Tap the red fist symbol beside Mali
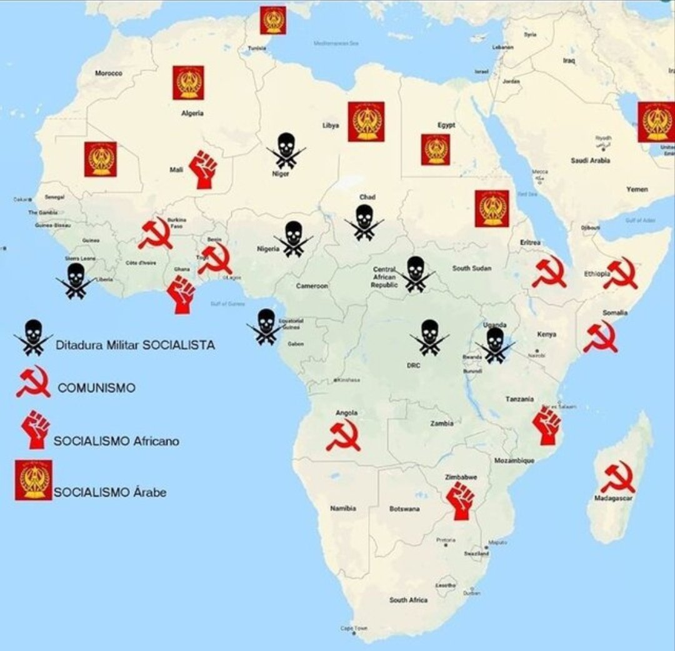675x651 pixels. click(x=203, y=169)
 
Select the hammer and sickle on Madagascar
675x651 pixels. click(x=617, y=477)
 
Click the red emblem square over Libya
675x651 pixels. click(x=366, y=121)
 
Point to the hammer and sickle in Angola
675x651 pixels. click(x=344, y=435)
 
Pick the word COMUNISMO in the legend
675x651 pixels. click(x=96, y=388)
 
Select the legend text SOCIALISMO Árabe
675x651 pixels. click(x=110, y=492)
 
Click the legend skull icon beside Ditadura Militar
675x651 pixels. click(x=33, y=337)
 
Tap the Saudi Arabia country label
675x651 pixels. click(x=590, y=161)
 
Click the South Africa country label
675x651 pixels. click(x=408, y=600)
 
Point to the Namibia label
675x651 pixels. click(x=343, y=509)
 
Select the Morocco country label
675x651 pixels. click(x=109, y=73)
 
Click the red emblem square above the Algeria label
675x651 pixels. click(x=189, y=82)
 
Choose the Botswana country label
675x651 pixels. click(x=404, y=509)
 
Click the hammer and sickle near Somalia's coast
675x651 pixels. click(x=601, y=337)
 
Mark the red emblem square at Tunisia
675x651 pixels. click(x=272, y=20)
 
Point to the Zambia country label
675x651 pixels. click(x=442, y=424)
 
